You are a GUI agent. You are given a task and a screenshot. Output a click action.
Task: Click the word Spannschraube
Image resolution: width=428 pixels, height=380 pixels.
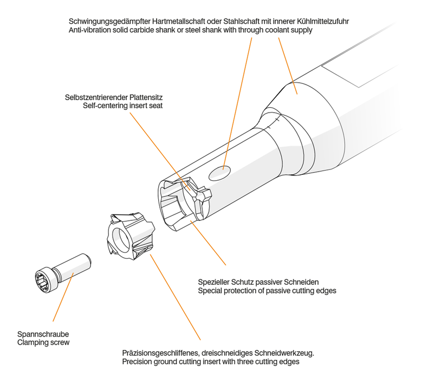pyautogui.click(x=43, y=334)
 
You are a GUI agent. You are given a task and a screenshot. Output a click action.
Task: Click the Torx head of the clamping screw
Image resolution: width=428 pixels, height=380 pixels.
pyautogui.click(x=44, y=280)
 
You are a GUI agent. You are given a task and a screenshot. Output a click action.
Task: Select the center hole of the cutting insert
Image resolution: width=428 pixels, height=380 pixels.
pyautogui.click(x=120, y=240)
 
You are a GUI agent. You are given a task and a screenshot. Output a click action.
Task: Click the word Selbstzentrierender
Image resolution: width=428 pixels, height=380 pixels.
pyautogui.click(x=96, y=97)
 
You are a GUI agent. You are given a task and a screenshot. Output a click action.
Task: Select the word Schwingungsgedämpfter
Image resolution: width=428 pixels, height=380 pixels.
pyautogui.click(x=109, y=21)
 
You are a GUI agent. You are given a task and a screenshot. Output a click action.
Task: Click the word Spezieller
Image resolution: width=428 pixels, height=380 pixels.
pyautogui.click(x=213, y=282)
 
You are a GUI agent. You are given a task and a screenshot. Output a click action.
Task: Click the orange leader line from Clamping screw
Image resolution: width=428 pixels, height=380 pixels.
pyautogui.click(x=63, y=297)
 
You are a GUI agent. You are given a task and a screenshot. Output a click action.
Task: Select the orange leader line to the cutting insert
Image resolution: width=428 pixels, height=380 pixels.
pyautogui.click(x=175, y=297)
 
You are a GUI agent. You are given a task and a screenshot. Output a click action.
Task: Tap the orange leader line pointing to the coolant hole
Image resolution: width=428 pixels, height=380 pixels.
pyautogui.click(x=237, y=104)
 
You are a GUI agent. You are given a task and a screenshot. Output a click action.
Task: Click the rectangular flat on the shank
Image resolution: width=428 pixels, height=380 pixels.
pyautogui.click(x=361, y=71)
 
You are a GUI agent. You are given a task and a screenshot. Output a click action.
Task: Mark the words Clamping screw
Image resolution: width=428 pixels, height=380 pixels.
pyautogui.click(x=43, y=343)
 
